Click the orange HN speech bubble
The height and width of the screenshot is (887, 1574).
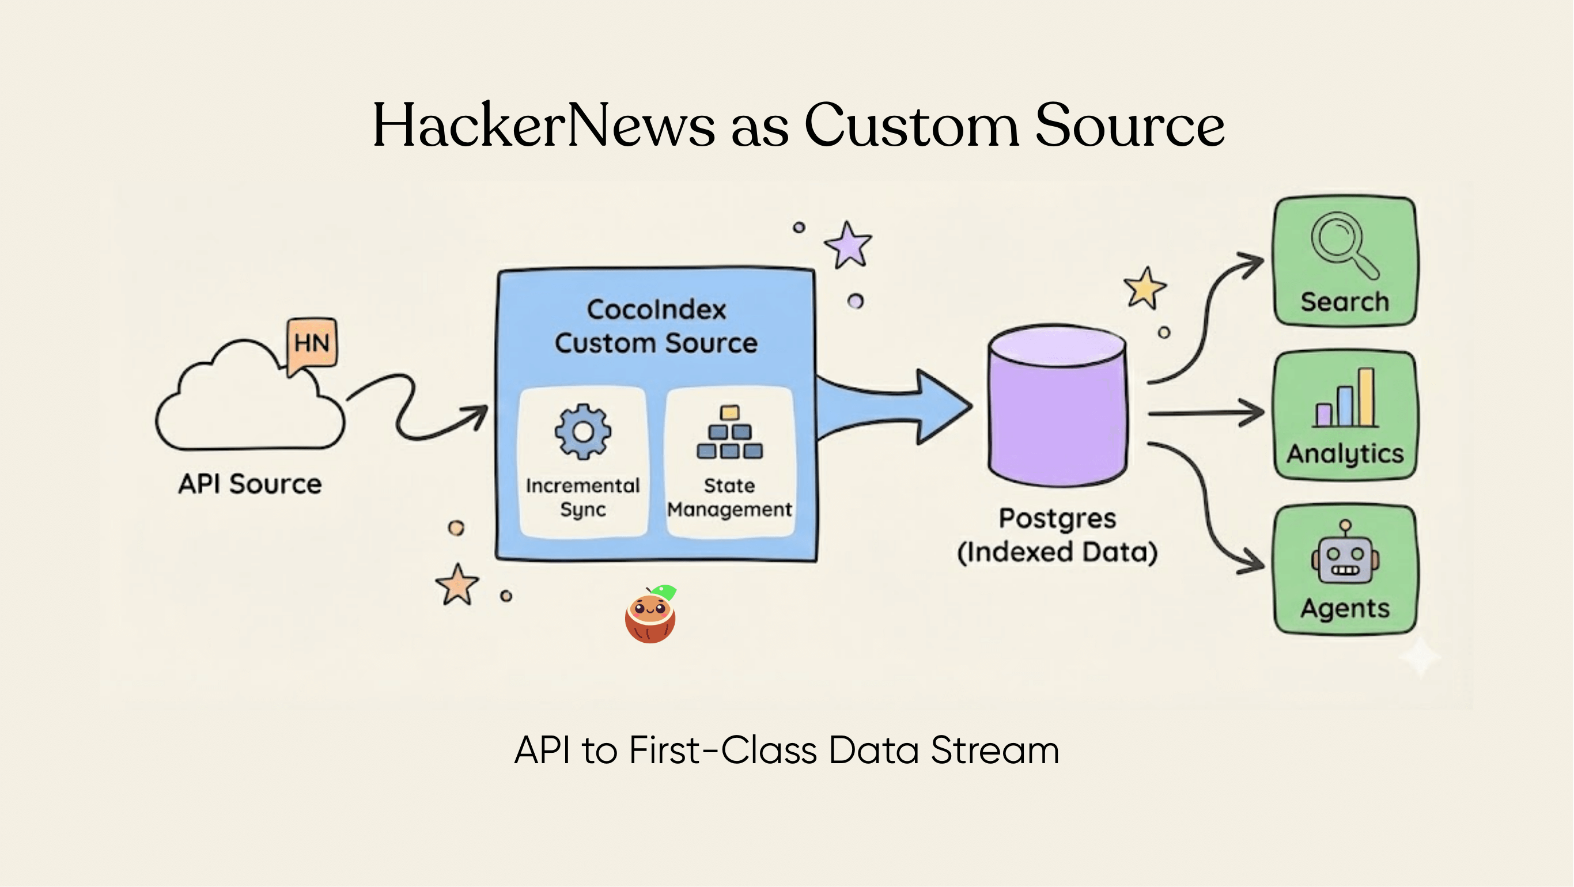point(312,343)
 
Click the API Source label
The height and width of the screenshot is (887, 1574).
point(250,484)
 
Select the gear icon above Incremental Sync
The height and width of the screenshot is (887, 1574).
point(583,431)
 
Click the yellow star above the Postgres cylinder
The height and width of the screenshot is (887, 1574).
point(1144,289)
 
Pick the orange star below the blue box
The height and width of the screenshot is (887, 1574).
point(457,585)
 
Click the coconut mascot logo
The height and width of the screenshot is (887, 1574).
point(650,615)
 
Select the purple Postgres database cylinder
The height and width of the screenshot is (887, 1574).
point(1057,406)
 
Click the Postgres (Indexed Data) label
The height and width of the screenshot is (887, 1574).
point(1057,535)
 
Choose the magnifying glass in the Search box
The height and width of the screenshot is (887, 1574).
point(1341,243)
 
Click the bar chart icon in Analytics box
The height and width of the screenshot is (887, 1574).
point(1346,399)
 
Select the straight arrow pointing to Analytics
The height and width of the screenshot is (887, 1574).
point(1205,414)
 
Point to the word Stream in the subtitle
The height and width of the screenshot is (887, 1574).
point(994,750)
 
